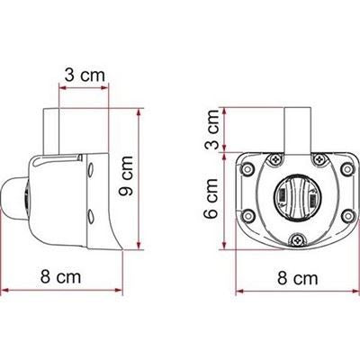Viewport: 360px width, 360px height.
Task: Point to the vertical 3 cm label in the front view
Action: (212, 130)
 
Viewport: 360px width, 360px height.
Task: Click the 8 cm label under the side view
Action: (61, 277)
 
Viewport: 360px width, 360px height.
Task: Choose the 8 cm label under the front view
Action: (297, 278)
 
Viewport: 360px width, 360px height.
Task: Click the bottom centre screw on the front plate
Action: (298, 239)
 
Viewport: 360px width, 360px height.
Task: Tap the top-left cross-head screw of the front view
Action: (275, 158)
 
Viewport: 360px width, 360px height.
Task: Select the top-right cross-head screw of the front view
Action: (320, 158)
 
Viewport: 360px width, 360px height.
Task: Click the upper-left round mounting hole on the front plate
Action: (247, 169)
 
